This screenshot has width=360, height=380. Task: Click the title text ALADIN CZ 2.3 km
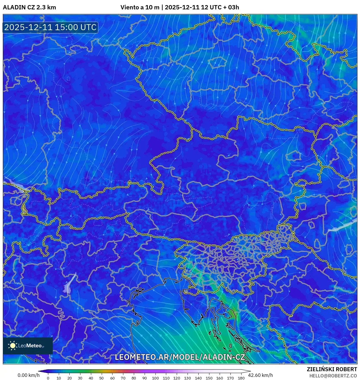point(29,7)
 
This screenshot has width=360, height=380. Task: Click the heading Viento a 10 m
point(140,7)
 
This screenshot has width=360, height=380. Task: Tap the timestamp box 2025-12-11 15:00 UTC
point(50,27)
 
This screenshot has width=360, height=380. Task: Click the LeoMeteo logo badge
point(28,346)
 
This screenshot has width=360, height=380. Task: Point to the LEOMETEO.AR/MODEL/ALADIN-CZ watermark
point(180,357)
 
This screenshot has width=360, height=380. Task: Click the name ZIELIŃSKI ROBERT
point(332,369)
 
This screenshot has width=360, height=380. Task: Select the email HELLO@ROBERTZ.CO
point(333,376)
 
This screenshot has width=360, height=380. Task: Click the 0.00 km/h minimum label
point(28,375)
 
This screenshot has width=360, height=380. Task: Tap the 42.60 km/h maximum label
point(260,375)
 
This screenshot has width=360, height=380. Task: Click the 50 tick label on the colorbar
point(101,378)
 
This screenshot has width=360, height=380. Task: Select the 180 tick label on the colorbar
point(241,378)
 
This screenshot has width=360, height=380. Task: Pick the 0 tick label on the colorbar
point(48,378)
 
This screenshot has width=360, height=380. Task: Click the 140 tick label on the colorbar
point(198,378)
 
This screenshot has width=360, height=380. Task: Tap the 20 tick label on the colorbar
point(69,378)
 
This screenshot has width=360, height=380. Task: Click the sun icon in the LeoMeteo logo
point(13,346)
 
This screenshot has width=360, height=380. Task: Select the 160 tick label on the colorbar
point(219,378)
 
